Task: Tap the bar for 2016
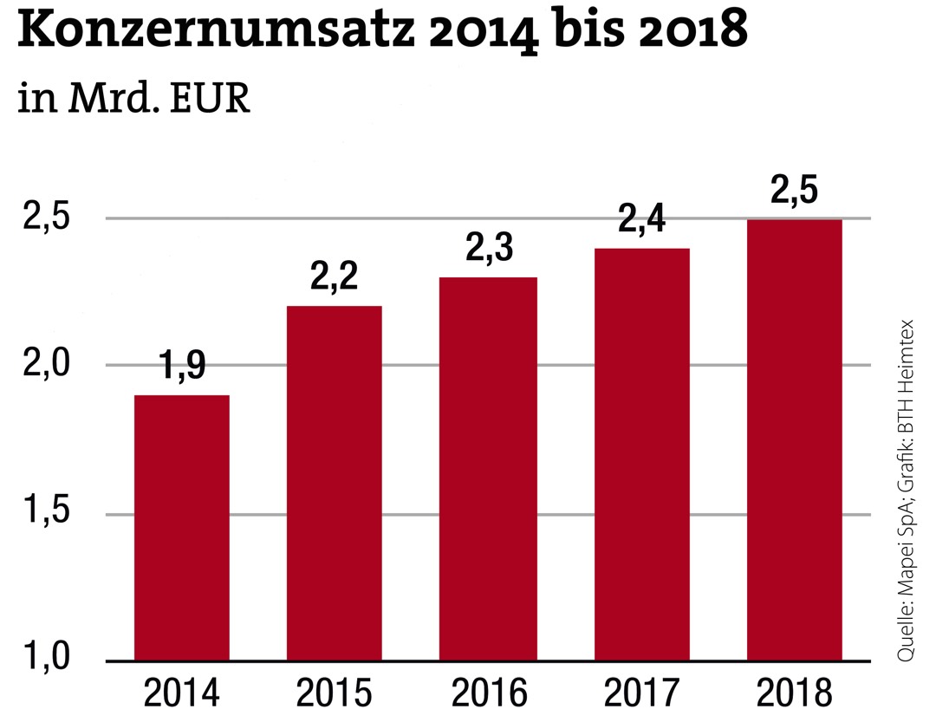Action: coord(488,468)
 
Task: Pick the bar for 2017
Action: coord(641,454)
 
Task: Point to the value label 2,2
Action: coord(335,278)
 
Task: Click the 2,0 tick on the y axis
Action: coord(46,365)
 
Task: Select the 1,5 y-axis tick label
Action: coord(46,512)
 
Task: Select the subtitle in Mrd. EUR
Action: coord(134,99)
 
